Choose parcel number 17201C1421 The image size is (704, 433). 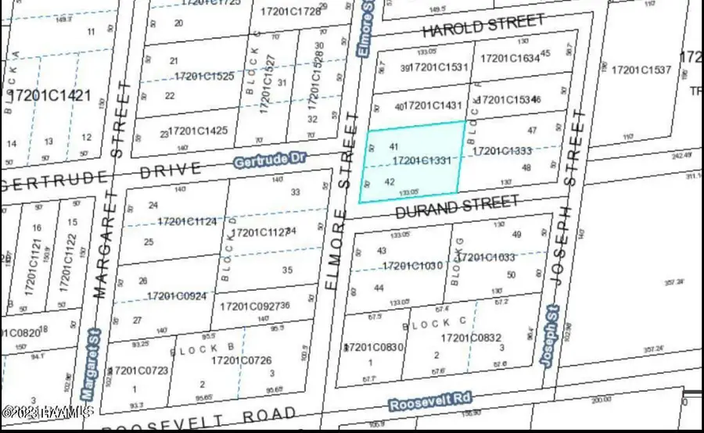click(58, 97)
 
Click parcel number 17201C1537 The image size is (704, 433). click(641, 70)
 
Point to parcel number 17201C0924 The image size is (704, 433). click(177, 295)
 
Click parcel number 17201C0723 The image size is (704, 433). click(140, 370)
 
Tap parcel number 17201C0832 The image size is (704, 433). click(471, 338)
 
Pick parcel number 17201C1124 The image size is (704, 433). click(186, 222)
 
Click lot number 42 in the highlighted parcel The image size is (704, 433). click(390, 181)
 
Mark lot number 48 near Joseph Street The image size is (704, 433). click(526, 168)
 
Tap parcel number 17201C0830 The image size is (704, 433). click(374, 347)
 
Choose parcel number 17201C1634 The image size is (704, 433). click(510, 58)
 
